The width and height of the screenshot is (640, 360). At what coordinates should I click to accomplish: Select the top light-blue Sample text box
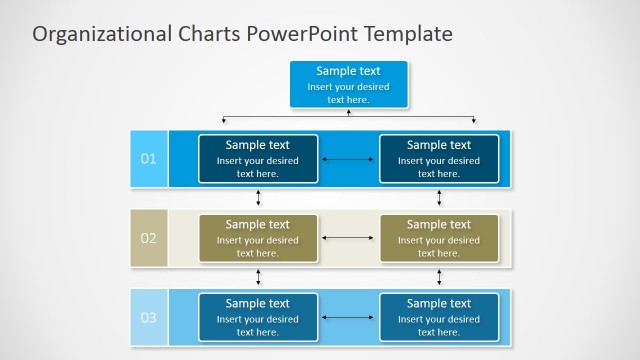coord(348,84)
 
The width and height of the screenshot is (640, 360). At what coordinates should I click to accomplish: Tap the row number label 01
coord(148,158)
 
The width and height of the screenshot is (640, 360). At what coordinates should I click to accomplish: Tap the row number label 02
coord(148,238)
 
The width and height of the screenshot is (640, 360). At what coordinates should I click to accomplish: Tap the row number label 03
coord(148,318)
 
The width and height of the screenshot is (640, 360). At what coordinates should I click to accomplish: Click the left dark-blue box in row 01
coord(258,159)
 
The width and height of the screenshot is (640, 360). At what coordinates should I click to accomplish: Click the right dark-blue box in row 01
coord(439,159)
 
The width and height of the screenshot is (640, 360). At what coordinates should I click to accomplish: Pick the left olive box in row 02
coord(258,238)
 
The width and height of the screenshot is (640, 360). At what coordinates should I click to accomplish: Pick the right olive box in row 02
coord(439,238)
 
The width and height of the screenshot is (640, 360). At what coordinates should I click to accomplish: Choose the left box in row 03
coord(258,318)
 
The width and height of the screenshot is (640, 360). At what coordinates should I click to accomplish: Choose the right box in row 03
coord(439,318)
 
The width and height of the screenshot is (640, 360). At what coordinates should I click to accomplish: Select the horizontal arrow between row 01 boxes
coord(348,159)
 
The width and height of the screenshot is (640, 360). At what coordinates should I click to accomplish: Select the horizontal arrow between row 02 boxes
coord(348,238)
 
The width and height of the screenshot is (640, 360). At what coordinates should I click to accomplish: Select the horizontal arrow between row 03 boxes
coord(348,318)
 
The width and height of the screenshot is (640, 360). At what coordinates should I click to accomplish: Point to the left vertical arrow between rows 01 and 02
coord(258,198)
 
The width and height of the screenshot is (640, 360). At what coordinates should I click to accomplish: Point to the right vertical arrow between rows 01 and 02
coord(439,198)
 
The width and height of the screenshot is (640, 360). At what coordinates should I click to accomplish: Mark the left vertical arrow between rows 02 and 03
coord(258,277)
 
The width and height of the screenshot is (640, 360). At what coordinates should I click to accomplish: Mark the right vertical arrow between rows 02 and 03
coord(439,277)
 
